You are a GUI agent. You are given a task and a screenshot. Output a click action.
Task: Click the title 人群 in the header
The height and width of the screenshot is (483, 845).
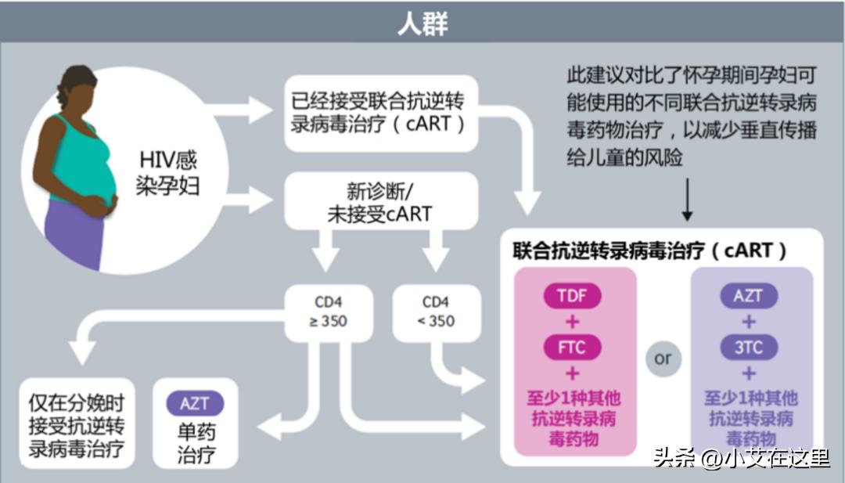pyautogui.click(x=422, y=23)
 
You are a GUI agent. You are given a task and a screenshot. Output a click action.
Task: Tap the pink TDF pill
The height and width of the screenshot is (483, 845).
pyautogui.click(x=574, y=296)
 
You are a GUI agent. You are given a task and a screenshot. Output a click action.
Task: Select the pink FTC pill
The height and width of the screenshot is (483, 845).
pyautogui.click(x=574, y=347)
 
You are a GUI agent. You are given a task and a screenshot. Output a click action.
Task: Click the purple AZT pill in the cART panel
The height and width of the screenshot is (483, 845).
pyautogui.click(x=749, y=296)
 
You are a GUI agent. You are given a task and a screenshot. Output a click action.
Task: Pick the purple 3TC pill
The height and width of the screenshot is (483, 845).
pyautogui.click(x=749, y=347)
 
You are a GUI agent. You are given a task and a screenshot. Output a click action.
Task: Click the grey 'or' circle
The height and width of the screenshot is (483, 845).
pyautogui.click(x=663, y=359)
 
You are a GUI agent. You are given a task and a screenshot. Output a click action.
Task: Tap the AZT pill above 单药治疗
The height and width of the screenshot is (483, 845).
pyautogui.click(x=195, y=404)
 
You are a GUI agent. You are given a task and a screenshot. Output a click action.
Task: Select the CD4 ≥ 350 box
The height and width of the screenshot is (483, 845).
pyautogui.click(x=329, y=312)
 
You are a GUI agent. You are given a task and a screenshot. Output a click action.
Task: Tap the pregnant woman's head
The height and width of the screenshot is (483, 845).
pyautogui.click(x=77, y=88)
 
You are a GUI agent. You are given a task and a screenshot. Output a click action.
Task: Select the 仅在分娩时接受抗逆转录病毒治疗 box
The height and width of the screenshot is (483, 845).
pyautogui.click(x=77, y=424)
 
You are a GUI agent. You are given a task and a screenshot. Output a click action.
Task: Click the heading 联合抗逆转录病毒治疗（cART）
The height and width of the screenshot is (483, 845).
pyautogui.click(x=649, y=251)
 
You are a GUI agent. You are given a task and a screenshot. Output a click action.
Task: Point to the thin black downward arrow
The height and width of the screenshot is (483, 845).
pyautogui.click(x=687, y=200)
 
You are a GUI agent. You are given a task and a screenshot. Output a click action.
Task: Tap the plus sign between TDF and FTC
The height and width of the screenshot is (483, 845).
pyautogui.click(x=574, y=322)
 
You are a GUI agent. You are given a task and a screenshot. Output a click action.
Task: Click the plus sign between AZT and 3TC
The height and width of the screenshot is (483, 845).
pyautogui.click(x=749, y=322)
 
